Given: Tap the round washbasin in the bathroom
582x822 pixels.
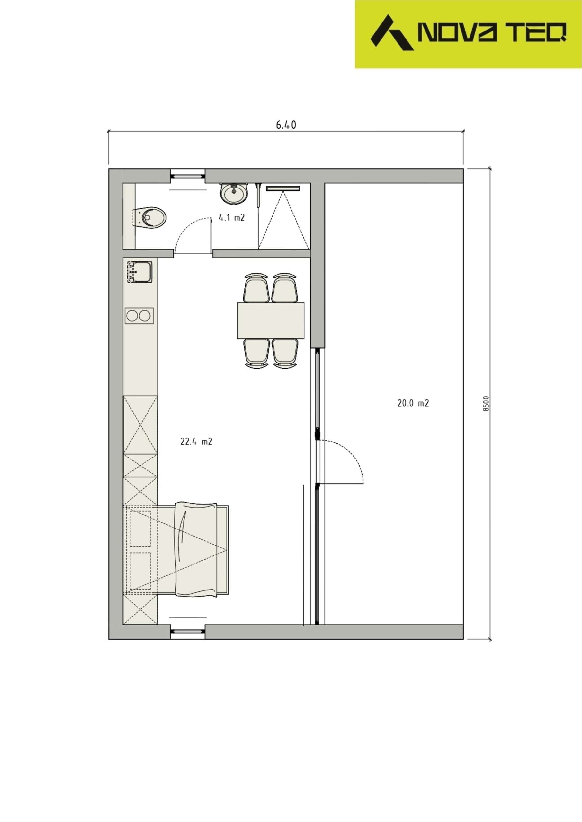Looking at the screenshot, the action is [234, 193].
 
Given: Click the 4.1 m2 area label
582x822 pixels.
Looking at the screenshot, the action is [232, 217].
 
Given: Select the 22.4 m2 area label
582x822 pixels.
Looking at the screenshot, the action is [196, 442].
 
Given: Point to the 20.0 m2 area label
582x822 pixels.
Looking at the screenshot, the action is [413, 403].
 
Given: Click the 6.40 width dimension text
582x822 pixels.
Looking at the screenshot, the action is [286, 125].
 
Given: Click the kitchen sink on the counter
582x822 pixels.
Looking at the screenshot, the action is [139, 272].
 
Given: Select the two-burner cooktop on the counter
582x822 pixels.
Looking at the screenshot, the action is [139, 316].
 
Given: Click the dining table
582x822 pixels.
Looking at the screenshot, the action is [271, 320].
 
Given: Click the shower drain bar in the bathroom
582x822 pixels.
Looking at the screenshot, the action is [283, 188].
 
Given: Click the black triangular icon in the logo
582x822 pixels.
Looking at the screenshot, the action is [391, 32].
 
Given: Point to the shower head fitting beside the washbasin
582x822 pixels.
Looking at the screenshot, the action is [257, 195].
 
